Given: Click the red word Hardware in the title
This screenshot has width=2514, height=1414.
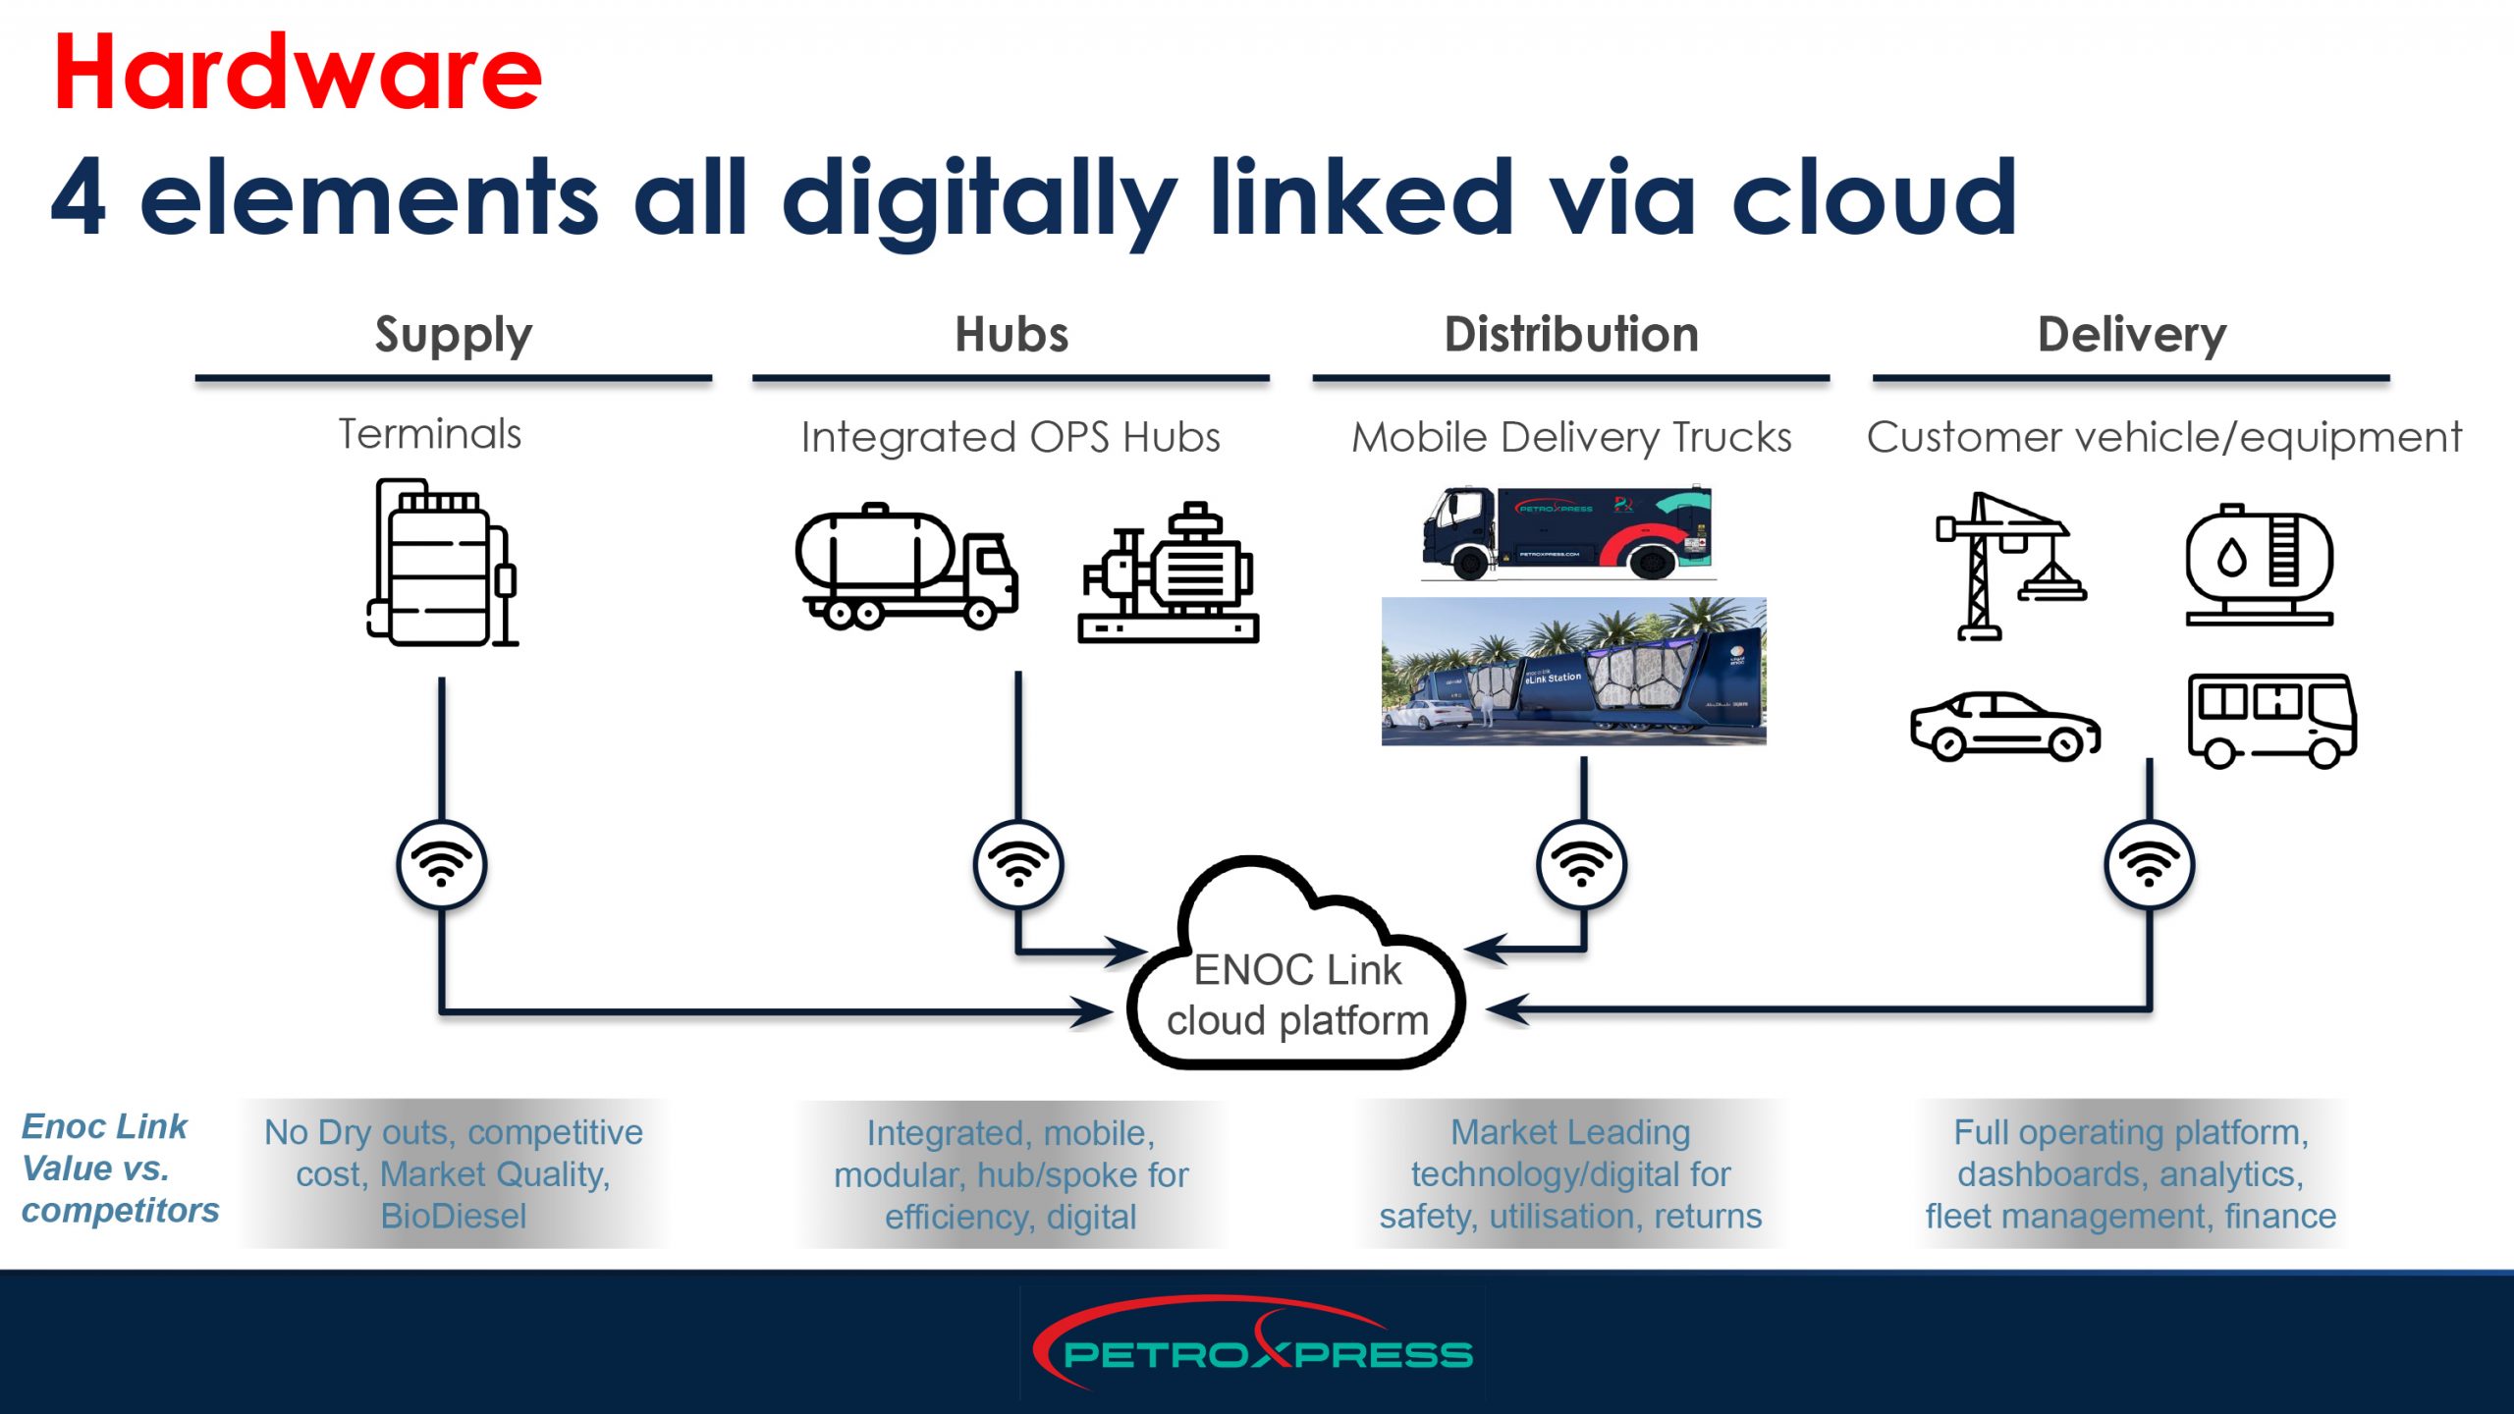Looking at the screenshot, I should pyautogui.click(x=298, y=73).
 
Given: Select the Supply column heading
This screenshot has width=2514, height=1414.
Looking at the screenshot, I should pyautogui.click(x=454, y=336).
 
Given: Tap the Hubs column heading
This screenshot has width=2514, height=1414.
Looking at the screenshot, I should pyautogui.click(x=1011, y=335).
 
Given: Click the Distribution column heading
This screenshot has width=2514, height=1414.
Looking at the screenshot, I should pyautogui.click(x=1571, y=335).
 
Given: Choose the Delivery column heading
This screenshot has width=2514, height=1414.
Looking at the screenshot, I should pyautogui.click(x=2132, y=335).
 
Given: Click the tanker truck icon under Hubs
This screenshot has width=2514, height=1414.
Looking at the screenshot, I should pyautogui.click(x=906, y=568).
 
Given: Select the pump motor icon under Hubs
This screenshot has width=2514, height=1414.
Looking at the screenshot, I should pyautogui.click(x=1169, y=573).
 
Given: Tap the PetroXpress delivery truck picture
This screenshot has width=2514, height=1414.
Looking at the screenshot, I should pyautogui.click(x=1567, y=532).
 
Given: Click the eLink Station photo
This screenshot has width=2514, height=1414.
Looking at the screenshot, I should pyautogui.click(x=1573, y=672).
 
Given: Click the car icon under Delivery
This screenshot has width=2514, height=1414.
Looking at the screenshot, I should pyautogui.click(x=2004, y=727).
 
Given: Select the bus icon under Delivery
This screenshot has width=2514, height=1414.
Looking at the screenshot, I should pyautogui.click(x=2271, y=721).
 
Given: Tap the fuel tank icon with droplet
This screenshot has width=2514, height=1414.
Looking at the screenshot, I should pyautogui.click(x=2259, y=566).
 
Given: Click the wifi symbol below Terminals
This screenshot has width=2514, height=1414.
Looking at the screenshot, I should pyautogui.click(x=442, y=865).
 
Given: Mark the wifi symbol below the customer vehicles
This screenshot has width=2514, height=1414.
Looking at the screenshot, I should pyautogui.click(x=2149, y=865).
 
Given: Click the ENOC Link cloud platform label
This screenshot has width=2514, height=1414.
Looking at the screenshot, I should pyautogui.click(x=1297, y=995).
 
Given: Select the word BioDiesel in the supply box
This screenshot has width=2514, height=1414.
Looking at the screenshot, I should pyautogui.click(x=454, y=1216).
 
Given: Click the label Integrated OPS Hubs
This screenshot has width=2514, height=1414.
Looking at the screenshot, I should pyautogui.click(x=1011, y=437).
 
